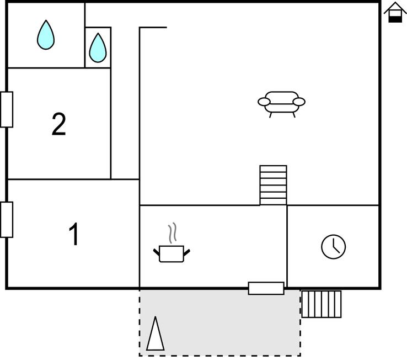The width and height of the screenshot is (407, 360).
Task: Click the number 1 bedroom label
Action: coord(74,234)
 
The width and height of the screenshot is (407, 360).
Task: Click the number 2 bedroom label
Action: coord(58,124)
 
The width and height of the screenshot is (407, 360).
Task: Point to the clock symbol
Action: coord(334,247)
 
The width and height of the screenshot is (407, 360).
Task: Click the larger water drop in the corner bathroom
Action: coord(46,35)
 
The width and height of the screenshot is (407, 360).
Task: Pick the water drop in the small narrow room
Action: coord(98,47)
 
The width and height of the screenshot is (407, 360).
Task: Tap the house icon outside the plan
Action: coord(395,12)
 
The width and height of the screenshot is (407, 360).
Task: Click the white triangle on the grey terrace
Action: coord(155,333)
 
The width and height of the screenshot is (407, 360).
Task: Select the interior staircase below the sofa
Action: coord(274,186)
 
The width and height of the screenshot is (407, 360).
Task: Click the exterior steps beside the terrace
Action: coord(322,304)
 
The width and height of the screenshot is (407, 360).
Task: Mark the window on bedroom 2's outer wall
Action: coord(7,109)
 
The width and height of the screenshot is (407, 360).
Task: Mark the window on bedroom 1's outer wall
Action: coord(7,220)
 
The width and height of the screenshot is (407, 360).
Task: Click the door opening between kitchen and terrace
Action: coord(266,288)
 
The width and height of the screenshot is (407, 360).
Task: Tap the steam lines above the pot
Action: coord(173,233)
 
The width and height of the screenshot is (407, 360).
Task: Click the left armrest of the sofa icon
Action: coord(264,102)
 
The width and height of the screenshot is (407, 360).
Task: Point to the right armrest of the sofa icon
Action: coord(299,102)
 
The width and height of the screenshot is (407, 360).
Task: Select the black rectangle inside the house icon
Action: coord(395,19)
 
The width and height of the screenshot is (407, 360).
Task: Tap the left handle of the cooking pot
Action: coord(156,252)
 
